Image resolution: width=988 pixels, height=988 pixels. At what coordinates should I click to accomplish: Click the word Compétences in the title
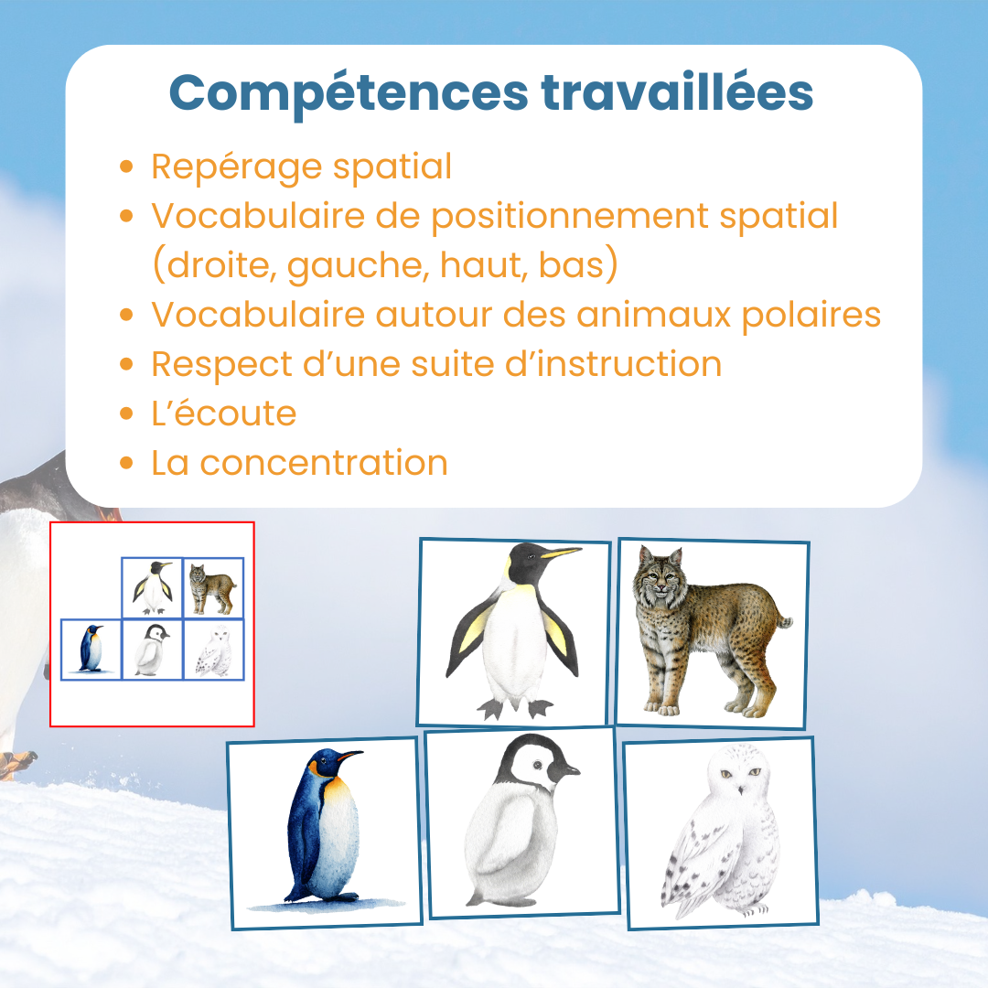tap(349, 94)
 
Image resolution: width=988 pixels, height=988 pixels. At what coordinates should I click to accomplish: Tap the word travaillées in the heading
tap(677, 92)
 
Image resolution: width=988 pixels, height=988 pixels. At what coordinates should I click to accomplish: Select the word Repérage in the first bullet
tap(237, 168)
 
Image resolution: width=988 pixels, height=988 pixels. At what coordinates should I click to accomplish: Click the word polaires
tap(811, 316)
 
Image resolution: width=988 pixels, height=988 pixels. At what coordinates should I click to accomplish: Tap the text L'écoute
tap(224, 413)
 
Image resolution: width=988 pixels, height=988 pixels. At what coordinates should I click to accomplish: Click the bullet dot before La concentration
tap(126, 463)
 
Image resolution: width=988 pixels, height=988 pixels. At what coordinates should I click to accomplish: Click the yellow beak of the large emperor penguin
tap(560, 553)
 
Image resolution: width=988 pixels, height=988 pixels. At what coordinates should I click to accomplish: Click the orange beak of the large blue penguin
tap(349, 756)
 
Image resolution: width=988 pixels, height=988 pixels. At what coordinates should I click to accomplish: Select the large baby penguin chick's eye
tap(538, 765)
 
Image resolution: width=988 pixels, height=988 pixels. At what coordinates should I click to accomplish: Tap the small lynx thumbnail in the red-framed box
tap(213, 588)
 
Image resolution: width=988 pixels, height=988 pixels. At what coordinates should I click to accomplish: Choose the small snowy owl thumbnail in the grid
tap(213, 650)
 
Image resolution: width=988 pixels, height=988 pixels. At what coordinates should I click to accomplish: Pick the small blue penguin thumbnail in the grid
tap(91, 650)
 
